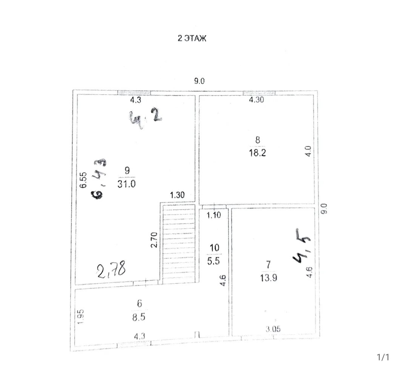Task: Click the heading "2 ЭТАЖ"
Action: coord(192,39)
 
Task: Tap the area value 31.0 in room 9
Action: coord(126,184)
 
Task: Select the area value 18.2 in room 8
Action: coord(257,153)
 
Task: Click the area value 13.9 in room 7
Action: coord(269,278)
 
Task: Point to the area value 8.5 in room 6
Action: coord(138,317)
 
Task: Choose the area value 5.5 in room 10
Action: coord(213,261)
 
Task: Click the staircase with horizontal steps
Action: coord(178,244)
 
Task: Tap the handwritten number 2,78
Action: coord(111,270)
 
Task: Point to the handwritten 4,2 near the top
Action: coord(146,118)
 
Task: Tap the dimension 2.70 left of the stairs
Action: coord(154,240)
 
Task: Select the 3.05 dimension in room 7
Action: coord(273,329)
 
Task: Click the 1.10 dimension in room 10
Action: coord(213,215)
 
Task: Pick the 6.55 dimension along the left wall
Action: coord(83,180)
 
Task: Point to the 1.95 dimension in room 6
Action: coord(81,316)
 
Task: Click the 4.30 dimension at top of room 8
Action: coord(256,99)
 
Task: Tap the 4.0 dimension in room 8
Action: coord(307,151)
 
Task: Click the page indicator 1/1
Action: coord(383,357)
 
